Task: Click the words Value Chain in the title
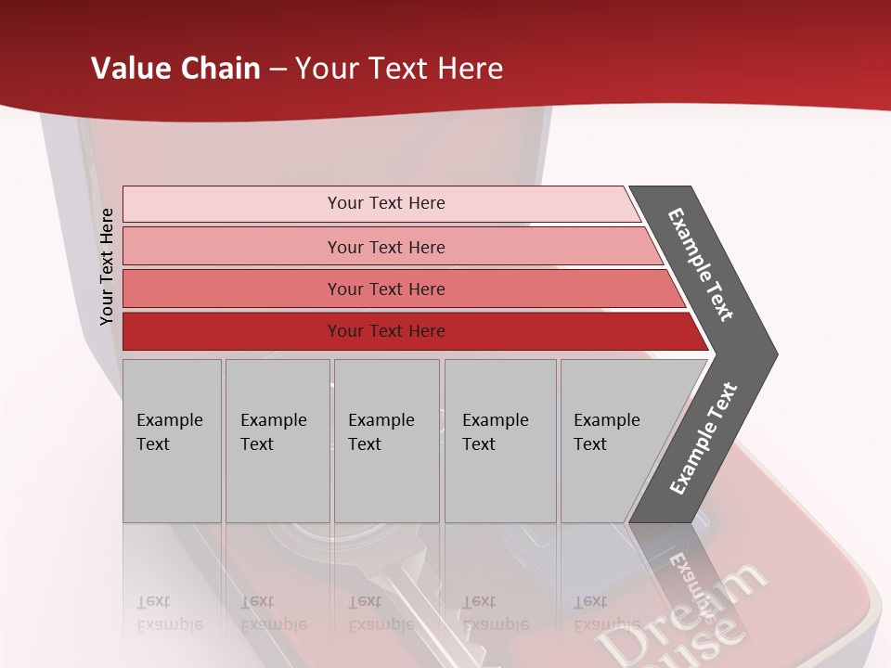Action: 175,69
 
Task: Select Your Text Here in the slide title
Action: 399,69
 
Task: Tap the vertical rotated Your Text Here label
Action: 107,266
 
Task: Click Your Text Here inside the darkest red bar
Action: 386,331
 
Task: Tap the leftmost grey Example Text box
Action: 172,441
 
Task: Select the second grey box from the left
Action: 277,441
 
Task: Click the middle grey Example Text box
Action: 386,441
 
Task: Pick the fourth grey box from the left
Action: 499,441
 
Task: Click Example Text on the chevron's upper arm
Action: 701,264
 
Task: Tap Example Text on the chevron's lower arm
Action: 703,439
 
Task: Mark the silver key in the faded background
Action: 408,594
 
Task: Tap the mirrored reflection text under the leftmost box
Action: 169,613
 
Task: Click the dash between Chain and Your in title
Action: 278,70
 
